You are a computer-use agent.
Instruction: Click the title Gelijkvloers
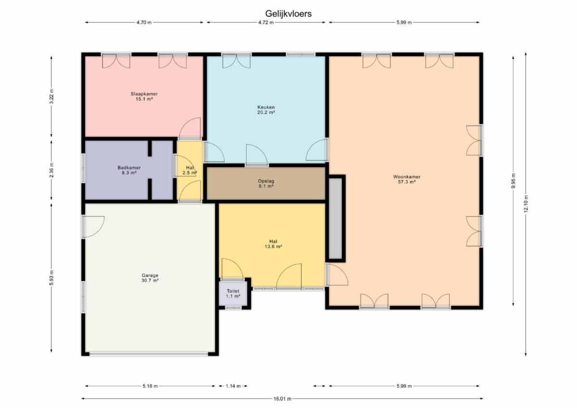pos(288,13)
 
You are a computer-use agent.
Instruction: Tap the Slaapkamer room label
pos(144,94)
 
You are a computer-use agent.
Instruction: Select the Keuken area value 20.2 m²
pos(266,112)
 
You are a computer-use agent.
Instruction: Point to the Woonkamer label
pos(407,177)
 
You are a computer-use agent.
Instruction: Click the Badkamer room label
pos(129,168)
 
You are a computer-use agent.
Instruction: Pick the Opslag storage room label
pos(266,181)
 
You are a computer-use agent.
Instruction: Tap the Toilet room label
pos(233,291)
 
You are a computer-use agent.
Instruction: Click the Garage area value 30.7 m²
pos(150,280)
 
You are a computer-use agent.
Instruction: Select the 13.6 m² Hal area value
pos(273,247)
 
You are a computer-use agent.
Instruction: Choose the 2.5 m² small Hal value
pos(190,173)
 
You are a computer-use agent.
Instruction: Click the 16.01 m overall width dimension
pos(282,399)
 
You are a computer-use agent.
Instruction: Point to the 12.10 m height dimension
pos(526,204)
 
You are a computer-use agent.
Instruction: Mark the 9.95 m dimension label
pos(513,181)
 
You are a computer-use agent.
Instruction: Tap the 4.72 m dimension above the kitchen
pos(266,23)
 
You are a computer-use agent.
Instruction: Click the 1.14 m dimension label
pos(233,386)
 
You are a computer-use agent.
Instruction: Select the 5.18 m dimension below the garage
pos(150,386)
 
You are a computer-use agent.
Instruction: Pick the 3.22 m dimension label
pos(51,96)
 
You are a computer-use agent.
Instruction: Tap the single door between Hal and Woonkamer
pos(337,274)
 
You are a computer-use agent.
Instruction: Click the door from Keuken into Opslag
pos(257,155)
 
